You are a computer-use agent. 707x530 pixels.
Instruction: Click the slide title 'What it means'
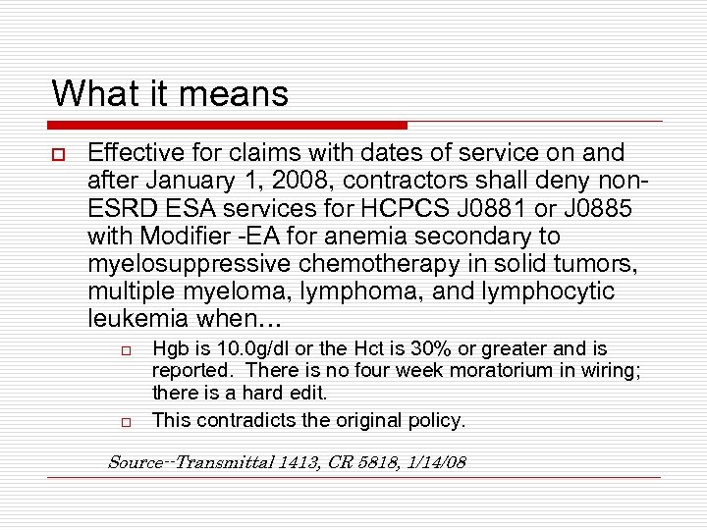point(170,94)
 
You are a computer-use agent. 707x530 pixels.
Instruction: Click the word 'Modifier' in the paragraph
point(184,236)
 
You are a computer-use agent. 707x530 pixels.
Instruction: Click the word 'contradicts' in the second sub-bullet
point(242,420)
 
